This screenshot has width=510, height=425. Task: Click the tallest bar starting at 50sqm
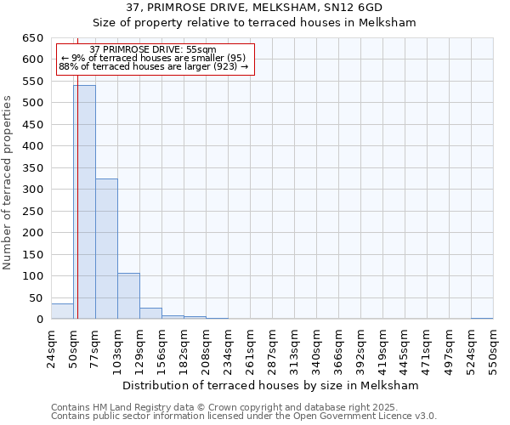[84, 202]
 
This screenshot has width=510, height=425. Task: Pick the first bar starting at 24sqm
[62, 311]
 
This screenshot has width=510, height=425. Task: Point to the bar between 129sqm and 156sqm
[150, 314]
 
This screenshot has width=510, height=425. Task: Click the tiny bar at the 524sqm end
[482, 319]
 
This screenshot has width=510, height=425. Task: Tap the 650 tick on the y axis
[33, 38]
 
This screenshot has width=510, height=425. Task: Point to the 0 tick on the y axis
[39, 320]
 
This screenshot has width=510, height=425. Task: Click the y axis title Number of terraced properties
[8, 183]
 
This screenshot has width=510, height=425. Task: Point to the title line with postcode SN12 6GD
[254, 7]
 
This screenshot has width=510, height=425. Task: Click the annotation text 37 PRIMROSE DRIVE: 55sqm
[153, 50]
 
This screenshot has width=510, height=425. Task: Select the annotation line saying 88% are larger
[153, 66]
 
